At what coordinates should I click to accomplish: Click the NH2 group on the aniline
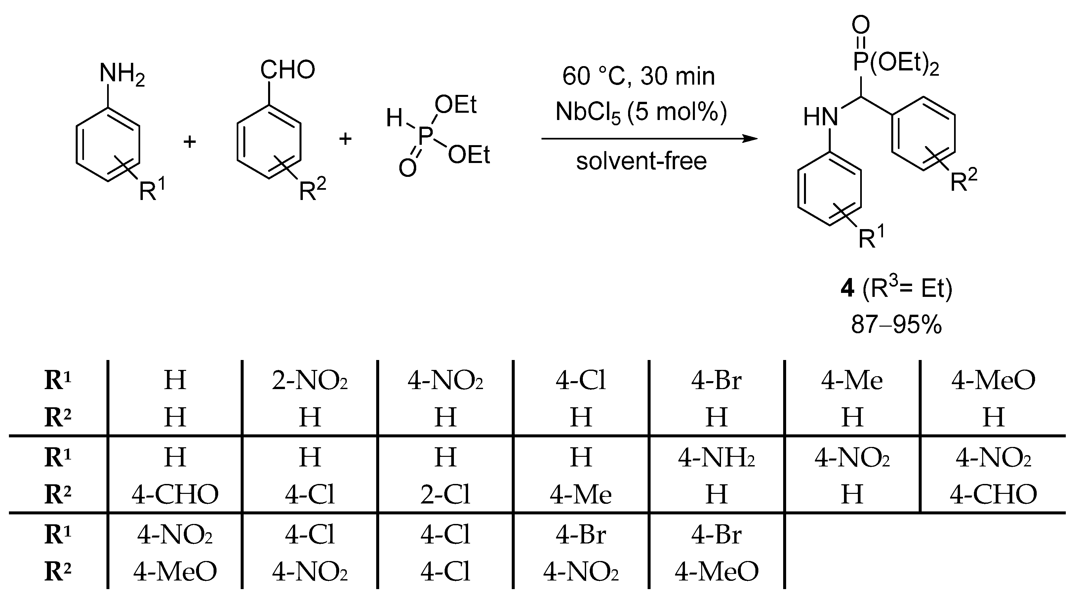(x=121, y=74)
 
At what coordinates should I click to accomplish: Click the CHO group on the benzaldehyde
(x=287, y=70)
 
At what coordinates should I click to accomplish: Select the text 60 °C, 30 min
(x=638, y=76)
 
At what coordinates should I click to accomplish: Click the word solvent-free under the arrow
(x=641, y=161)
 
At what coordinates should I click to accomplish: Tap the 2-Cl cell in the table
(x=445, y=495)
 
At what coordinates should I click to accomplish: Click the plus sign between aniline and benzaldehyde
(x=190, y=141)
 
